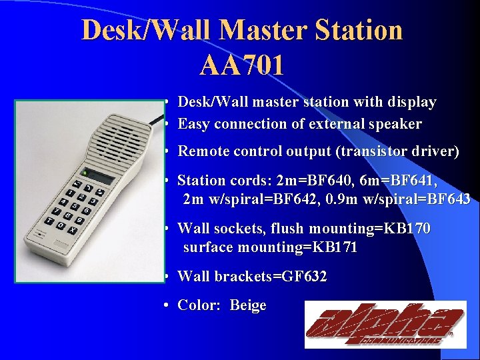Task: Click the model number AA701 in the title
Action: click(x=241, y=65)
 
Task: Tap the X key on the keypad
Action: click(x=71, y=229)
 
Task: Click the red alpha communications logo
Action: click(x=385, y=324)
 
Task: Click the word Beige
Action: click(x=248, y=305)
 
